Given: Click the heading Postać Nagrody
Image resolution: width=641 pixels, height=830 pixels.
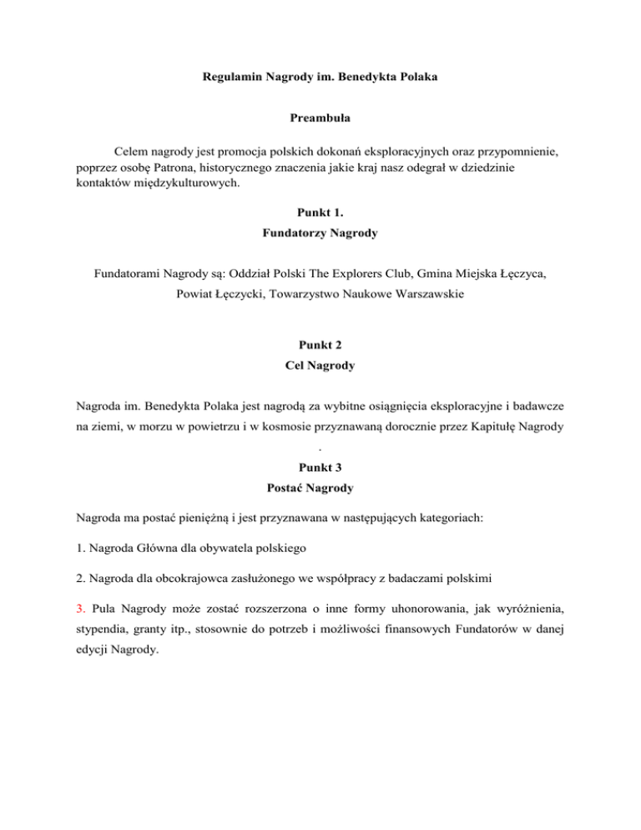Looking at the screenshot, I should coord(320,521).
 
